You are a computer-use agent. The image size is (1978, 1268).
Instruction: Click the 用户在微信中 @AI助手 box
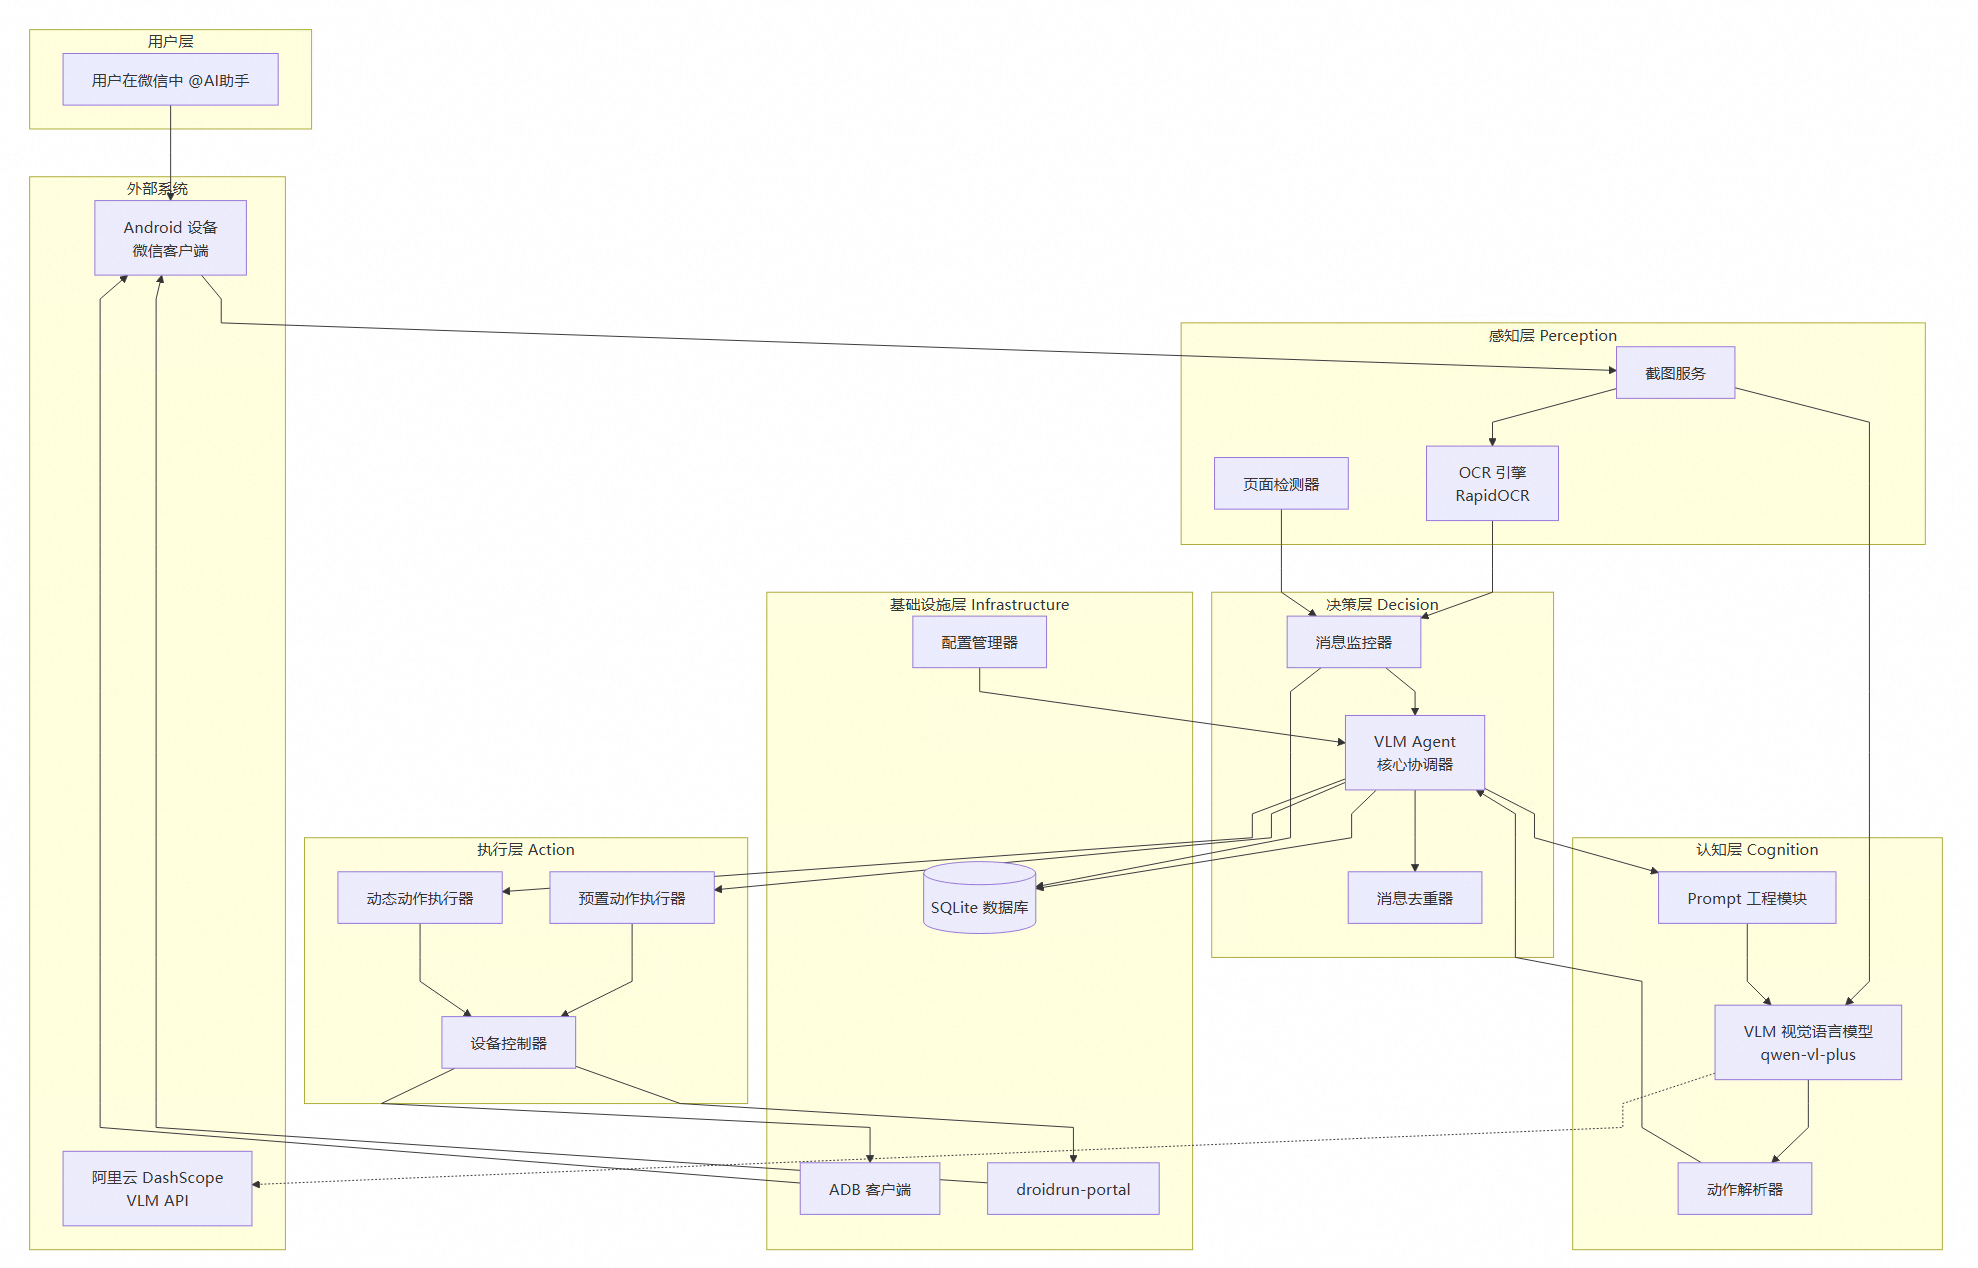170,80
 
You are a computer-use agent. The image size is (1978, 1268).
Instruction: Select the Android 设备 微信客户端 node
170,238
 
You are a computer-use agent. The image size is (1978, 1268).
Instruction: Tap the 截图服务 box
1675,373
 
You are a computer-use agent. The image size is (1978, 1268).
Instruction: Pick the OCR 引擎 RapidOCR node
1492,484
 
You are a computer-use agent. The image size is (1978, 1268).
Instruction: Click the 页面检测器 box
1281,484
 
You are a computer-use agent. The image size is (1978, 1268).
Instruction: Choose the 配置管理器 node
979,642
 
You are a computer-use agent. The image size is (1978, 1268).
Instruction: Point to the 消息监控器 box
1353,642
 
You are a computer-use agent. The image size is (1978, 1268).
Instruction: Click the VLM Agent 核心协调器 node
1414,753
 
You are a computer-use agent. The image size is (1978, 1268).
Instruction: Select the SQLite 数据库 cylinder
979,899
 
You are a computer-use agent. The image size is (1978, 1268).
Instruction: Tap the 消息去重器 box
1414,898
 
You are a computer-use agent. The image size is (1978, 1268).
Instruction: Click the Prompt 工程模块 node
1746,898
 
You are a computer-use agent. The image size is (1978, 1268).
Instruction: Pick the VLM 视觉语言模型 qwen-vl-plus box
1807,1042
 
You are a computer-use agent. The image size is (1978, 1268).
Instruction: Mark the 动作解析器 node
1744,1189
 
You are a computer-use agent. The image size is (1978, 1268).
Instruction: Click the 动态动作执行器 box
420,898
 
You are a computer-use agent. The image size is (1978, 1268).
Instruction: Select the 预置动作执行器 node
632,898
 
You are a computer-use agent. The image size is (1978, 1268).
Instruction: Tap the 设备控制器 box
508,1043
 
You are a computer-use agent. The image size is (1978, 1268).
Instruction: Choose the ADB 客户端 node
869,1189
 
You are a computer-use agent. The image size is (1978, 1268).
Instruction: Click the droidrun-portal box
1073,1189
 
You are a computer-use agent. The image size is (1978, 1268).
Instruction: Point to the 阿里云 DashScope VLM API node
157,1189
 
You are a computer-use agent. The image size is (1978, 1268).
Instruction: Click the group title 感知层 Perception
1552,336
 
